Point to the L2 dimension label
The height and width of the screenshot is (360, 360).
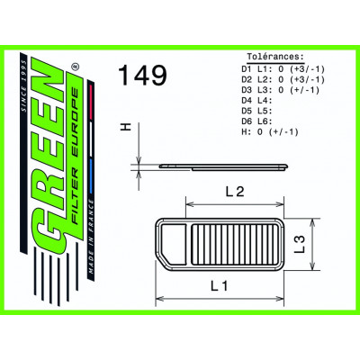237,192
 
